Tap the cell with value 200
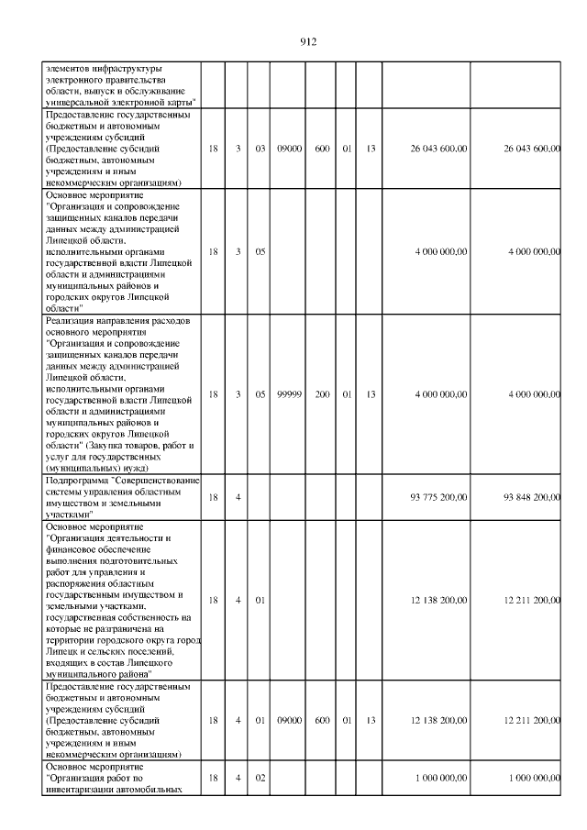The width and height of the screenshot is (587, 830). [322, 393]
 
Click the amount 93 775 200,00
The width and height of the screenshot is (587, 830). [439, 497]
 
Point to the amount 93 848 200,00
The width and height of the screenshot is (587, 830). [532, 497]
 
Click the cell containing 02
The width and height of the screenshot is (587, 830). [260, 778]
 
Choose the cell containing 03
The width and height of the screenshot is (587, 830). [260, 149]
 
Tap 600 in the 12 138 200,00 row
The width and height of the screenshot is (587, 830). [322, 721]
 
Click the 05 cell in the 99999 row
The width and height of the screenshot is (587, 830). [260, 393]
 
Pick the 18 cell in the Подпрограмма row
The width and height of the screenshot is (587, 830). [213, 497]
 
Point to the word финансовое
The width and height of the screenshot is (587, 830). [73, 548]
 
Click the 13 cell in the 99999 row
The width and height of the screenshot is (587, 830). [371, 393]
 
